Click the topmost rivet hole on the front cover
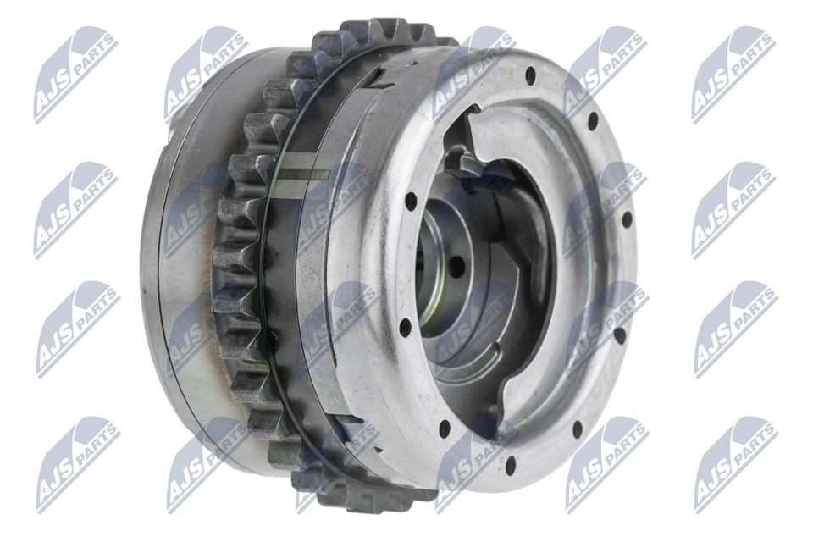[x=531, y=75]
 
